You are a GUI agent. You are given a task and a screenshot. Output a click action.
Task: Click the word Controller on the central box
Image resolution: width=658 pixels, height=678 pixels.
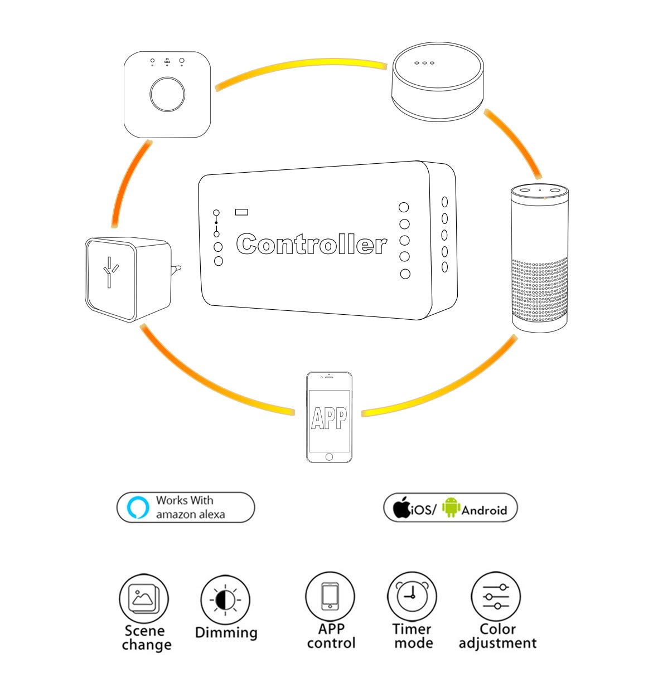(x=311, y=245)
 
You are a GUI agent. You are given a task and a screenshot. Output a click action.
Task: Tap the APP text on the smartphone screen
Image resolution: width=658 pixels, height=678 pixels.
(x=329, y=418)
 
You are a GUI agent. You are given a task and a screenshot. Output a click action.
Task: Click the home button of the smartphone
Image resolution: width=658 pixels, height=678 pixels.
(x=329, y=457)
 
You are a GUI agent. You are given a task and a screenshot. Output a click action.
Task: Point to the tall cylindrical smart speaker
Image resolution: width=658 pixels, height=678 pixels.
(x=539, y=259)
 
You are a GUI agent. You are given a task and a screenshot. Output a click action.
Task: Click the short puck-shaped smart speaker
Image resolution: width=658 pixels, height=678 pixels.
(x=437, y=81)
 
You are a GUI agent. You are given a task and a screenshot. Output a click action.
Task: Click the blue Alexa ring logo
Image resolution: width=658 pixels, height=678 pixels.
(x=138, y=508)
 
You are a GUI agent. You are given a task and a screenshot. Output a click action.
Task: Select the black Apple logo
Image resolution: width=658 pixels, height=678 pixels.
(x=401, y=507)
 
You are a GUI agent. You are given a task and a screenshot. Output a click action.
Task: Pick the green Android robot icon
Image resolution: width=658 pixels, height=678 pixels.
(x=451, y=508)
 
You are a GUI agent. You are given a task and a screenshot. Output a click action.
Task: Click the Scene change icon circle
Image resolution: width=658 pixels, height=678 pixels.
(x=144, y=599)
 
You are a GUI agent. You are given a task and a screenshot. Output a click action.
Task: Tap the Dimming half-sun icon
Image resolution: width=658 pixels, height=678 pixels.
(x=225, y=600)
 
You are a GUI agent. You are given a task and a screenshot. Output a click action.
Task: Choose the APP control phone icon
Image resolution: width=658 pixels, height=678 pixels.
(x=330, y=596)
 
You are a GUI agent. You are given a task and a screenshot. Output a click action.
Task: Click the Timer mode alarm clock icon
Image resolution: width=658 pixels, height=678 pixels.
(x=412, y=597)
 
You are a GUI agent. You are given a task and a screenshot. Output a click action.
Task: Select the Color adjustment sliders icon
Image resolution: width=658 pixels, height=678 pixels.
(x=496, y=596)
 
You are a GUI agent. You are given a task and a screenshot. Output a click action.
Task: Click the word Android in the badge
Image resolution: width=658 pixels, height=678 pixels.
(x=484, y=510)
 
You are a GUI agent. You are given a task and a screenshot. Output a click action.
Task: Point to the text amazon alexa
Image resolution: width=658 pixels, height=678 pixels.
(x=190, y=515)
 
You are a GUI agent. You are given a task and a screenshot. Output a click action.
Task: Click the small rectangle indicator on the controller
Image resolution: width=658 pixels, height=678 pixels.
(x=242, y=212)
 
